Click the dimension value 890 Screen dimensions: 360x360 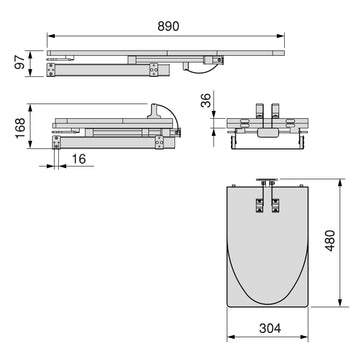pos(168,26)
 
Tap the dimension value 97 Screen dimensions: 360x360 pos(20,62)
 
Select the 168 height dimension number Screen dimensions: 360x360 pos(20,127)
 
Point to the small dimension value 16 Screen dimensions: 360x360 pos(79,159)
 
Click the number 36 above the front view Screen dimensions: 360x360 pos(206,100)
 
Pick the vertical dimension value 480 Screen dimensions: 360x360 pos(330,240)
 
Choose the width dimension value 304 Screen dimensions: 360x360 pos(270,329)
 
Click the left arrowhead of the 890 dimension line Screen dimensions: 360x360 pos(51,36)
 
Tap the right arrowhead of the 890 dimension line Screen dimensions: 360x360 pos(280,36)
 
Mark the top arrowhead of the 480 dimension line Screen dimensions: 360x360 pos(340,183)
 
